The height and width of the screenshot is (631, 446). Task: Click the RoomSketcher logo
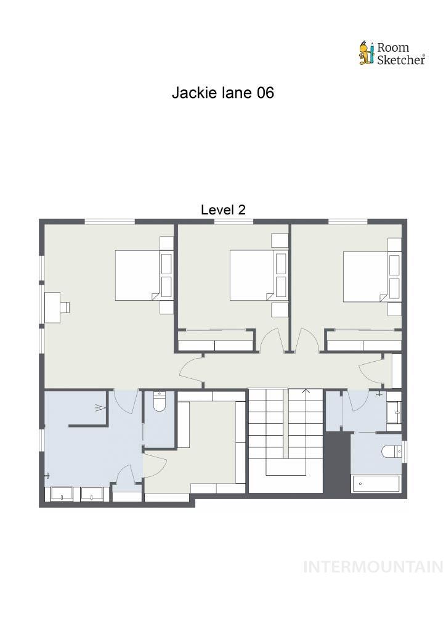(392, 53)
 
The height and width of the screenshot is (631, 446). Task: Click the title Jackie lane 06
(222, 93)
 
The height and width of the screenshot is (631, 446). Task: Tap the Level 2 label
(223, 210)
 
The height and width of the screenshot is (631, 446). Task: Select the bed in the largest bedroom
(138, 275)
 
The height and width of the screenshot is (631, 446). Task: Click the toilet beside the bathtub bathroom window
(391, 452)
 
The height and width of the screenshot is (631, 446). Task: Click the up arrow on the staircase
(306, 392)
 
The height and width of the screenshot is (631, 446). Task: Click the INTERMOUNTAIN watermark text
(373, 567)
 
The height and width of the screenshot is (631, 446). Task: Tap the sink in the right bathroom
(394, 412)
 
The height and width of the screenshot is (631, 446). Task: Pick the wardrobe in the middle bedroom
(216, 341)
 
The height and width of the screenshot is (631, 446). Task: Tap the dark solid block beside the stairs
(337, 462)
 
